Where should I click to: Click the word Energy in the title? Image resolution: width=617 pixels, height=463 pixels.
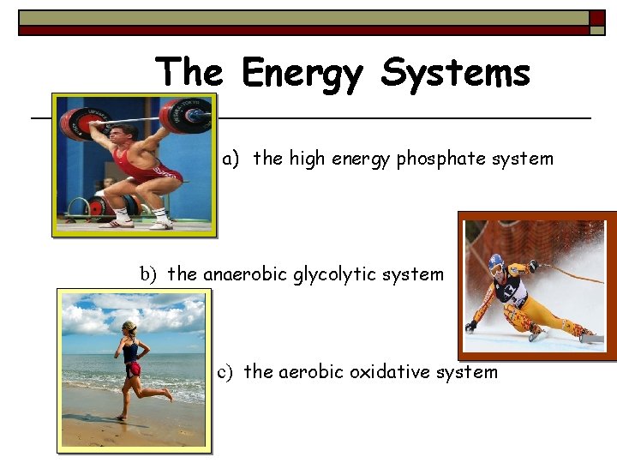point(302,74)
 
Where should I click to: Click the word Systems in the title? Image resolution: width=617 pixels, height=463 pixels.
point(455,74)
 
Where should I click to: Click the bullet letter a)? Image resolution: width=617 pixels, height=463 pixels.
point(231,159)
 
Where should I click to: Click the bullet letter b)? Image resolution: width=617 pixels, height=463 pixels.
point(149,274)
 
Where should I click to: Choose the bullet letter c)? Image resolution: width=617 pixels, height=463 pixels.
point(225,372)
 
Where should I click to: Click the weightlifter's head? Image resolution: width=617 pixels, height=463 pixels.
point(123,135)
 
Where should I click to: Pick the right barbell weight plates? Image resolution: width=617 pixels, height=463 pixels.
point(185,116)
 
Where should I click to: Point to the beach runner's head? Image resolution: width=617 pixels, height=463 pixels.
point(129,328)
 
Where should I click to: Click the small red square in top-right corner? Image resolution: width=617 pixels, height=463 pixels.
point(596,18)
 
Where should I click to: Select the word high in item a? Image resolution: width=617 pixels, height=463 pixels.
point(307,159)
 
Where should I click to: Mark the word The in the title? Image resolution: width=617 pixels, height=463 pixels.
point(190,74)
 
